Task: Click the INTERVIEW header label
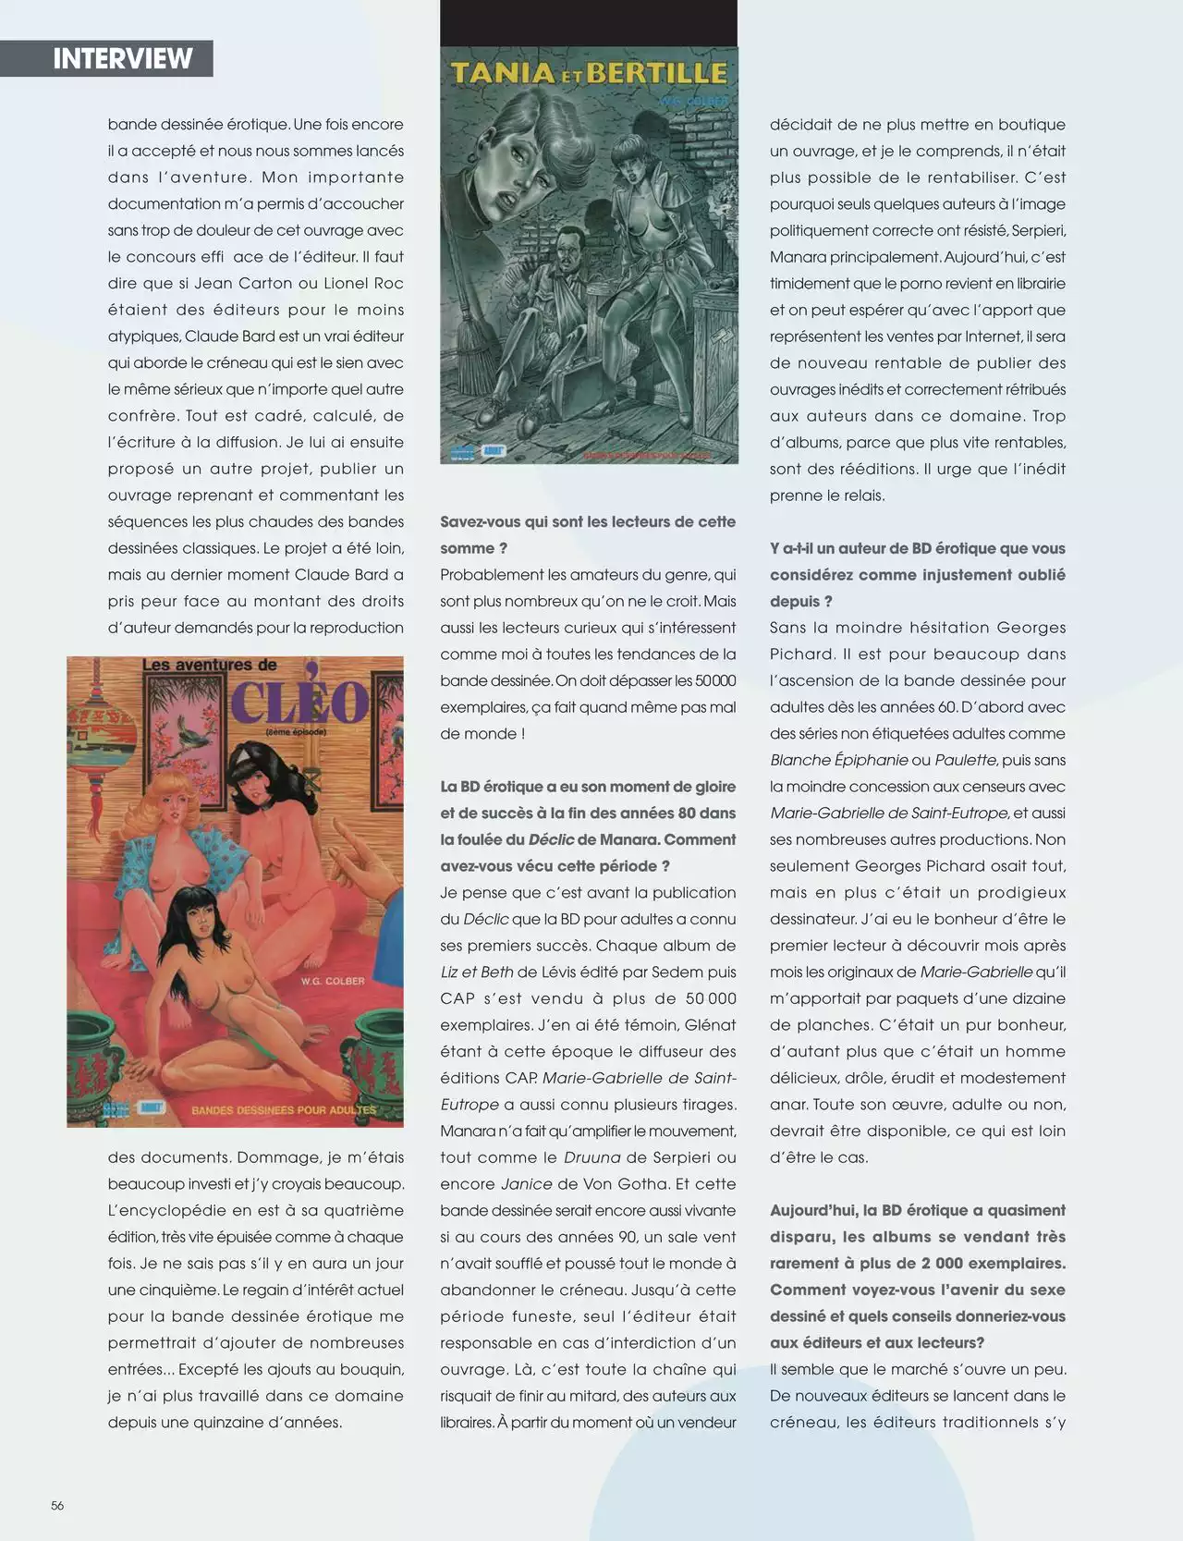click(122, 58)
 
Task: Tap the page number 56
click(57, 1505)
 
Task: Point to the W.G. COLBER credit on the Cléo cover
click(332, 981)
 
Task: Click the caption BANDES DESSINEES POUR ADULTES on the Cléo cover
click(284, 1109)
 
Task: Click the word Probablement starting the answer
click(492, 575)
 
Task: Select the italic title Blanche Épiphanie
click(837, 760)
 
